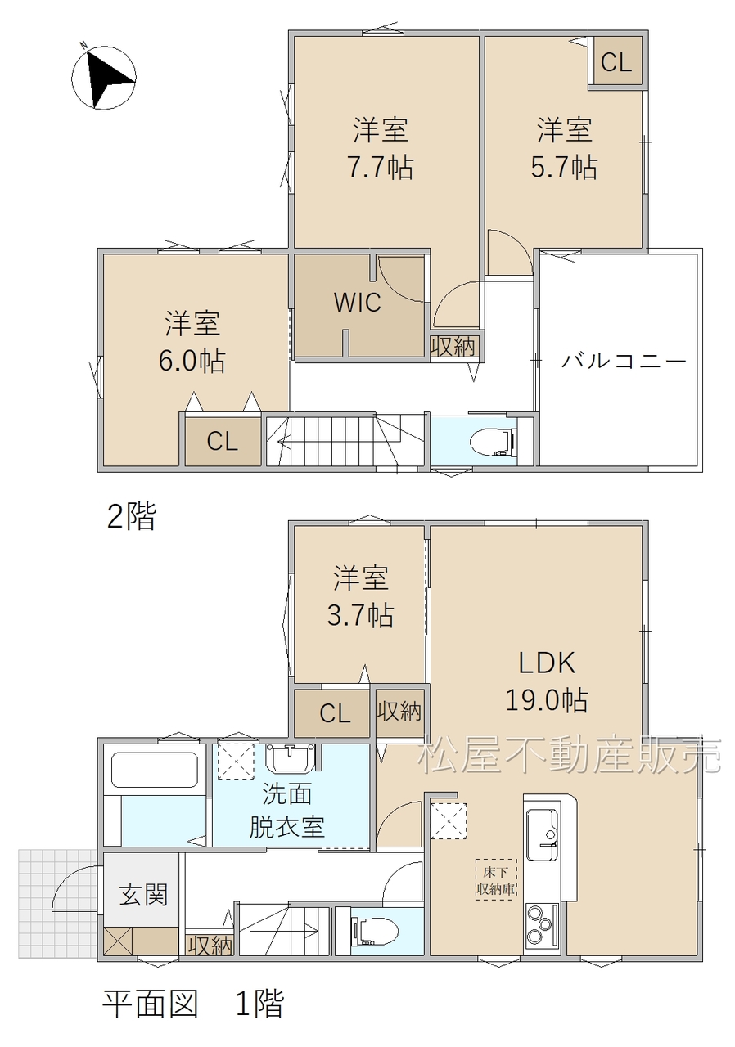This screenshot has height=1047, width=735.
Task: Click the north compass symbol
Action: pos(104,78)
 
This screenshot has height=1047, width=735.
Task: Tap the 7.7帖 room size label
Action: pos(380,168)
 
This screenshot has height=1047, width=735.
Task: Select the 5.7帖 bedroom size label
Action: pos(564,168)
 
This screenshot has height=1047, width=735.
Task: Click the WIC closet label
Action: pos(357,303)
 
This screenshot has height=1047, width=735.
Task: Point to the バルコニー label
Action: pos(624,362)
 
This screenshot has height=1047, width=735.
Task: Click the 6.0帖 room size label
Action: pos(192,361)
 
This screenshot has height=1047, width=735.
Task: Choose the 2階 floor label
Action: pos(132,516)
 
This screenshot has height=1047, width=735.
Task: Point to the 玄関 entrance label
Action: pos(143,895)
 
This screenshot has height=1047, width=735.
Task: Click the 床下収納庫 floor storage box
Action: pos(496,879)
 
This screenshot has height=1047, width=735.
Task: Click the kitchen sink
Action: pos(542,834)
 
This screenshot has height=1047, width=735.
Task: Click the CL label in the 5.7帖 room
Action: pos(616,61)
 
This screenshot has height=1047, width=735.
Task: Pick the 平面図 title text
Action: pos(151,1004)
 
